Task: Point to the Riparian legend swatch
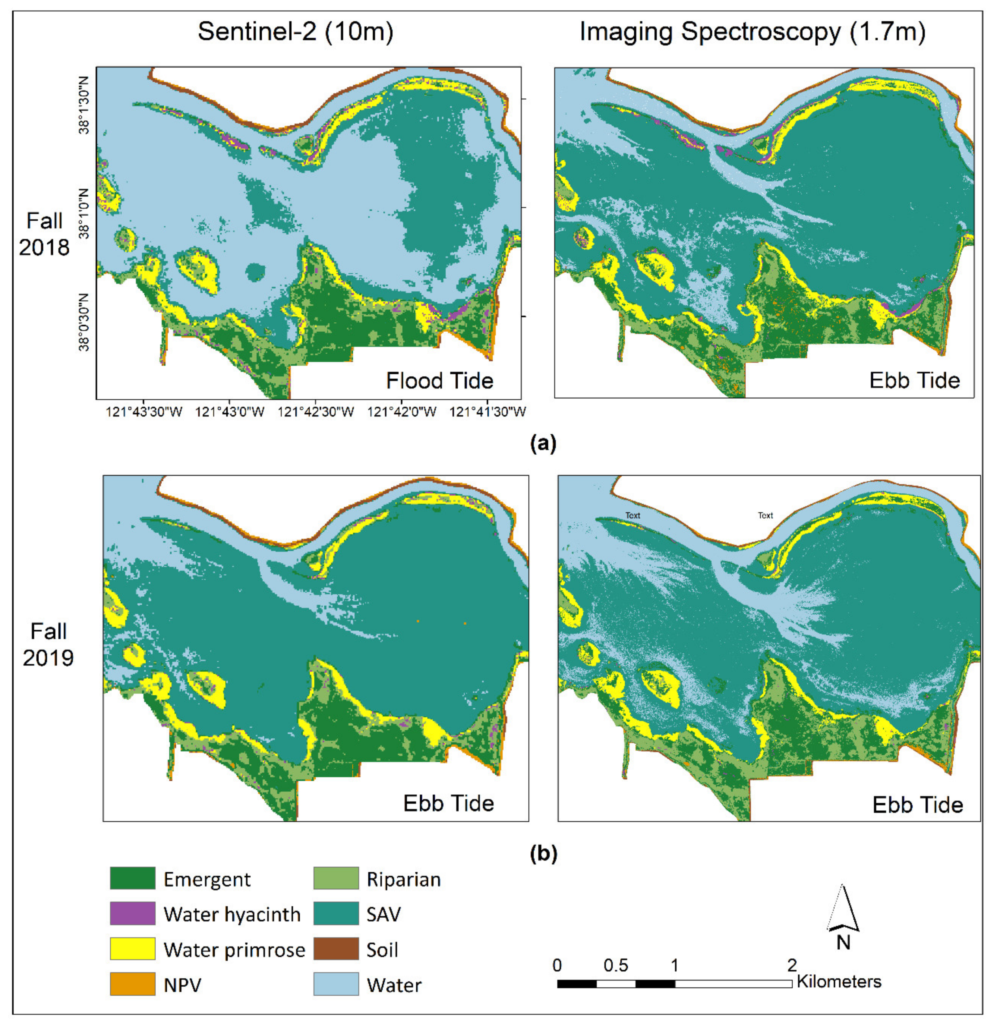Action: (x=336, y=878)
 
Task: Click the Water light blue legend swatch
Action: (x=336, y=984)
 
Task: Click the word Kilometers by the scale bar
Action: (x=839, y=981)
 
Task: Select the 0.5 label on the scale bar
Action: (x=615, y=965)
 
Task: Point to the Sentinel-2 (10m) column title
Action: (x=295, y=32)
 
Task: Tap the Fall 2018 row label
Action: (x=45, y=234)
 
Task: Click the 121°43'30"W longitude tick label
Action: (x=144, y=412)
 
